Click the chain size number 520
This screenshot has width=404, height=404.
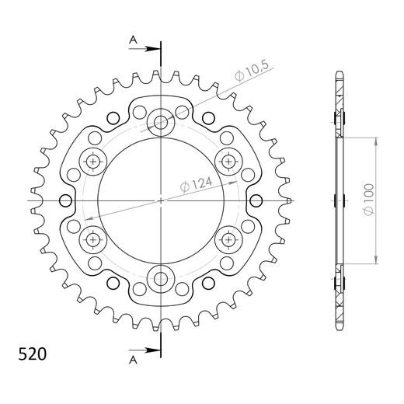[32, 355]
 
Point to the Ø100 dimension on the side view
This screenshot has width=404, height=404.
[369, 200]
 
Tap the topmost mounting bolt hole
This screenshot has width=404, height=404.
[162, 122]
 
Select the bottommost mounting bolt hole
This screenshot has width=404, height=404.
[162, 277]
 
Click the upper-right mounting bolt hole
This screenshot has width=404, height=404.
[229, 161]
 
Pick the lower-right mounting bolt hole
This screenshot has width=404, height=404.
[229, 239]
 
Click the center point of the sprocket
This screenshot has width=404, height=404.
[162, 200]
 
